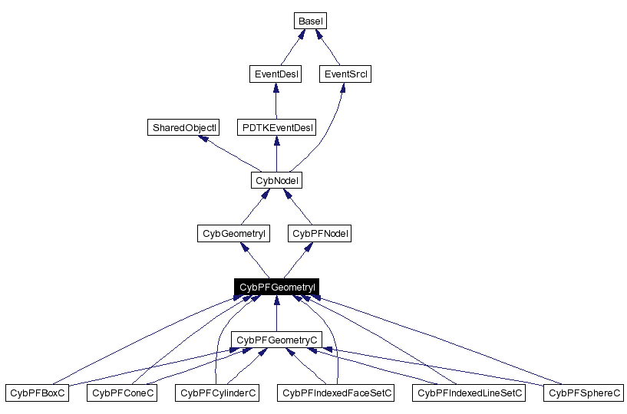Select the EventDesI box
[276, 74]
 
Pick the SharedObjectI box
[183, 127]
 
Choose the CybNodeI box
[276, 180]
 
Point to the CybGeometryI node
[233, 233]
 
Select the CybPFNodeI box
[321, 233]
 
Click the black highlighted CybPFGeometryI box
[276, 287]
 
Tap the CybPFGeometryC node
[276, 340]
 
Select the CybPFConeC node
[123, 393]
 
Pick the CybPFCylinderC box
[217, 393]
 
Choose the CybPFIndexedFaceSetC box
[337, 393]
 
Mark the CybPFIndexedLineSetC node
[470, 393]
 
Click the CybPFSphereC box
[584, 393]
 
